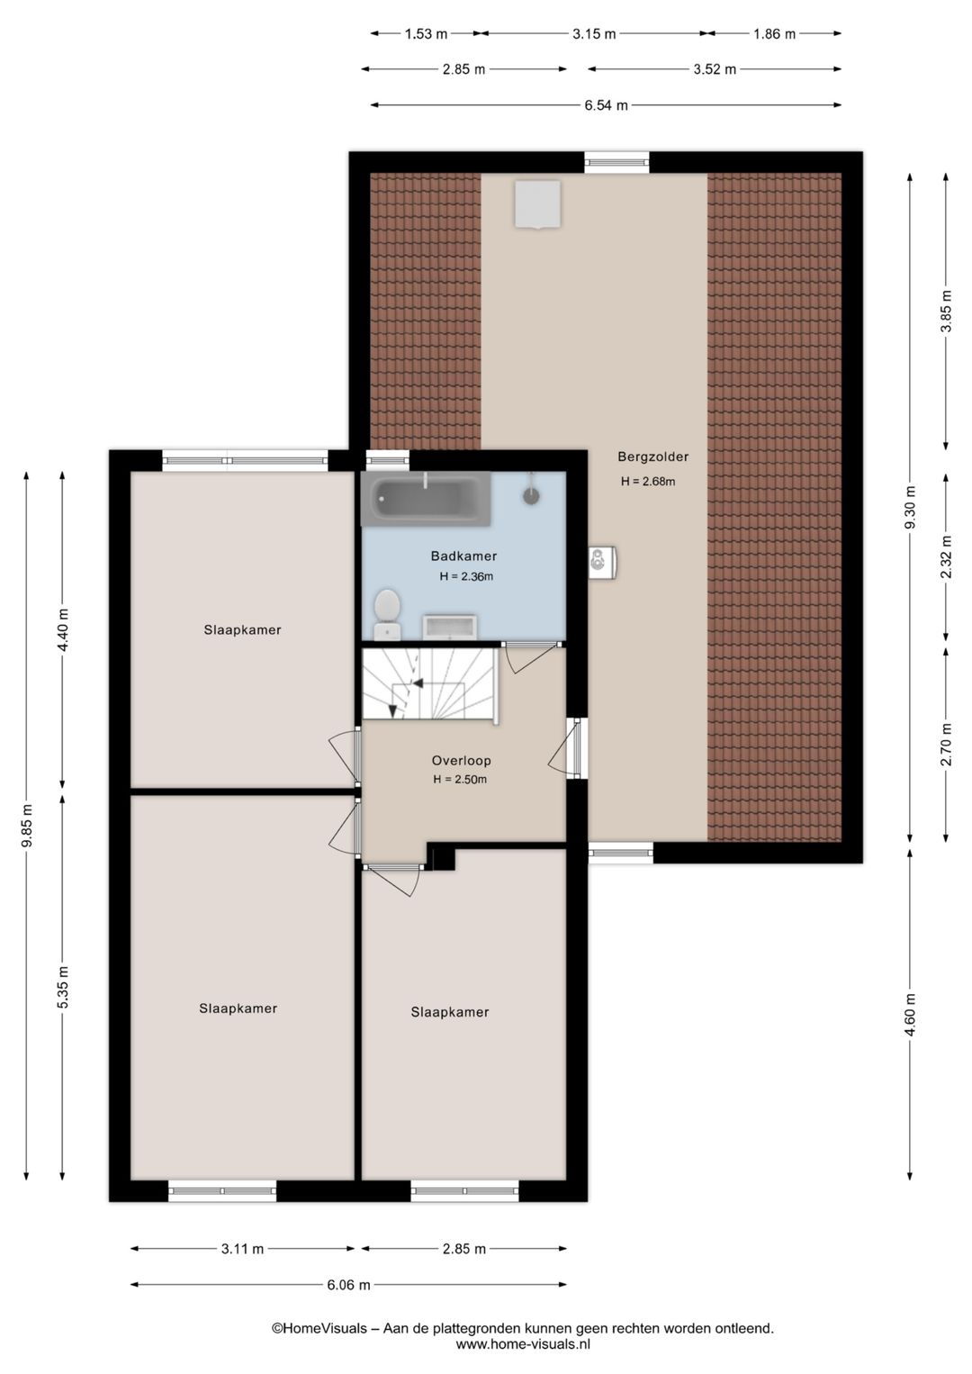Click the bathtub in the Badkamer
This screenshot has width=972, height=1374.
[426, 499]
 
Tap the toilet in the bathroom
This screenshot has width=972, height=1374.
[387, 614]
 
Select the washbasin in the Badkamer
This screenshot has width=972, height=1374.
[449, 627]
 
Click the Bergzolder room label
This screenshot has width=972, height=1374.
[652, 457]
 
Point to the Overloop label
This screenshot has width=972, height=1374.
[461, 761]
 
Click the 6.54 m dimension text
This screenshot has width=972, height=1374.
[606, 105]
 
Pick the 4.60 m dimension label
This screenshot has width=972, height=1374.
[909, 1015]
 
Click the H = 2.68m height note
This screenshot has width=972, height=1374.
[648, 482]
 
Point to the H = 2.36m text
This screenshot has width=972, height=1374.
[466, 576]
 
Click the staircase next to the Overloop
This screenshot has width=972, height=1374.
[430, 684]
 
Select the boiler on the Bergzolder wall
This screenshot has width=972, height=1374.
[602, 562]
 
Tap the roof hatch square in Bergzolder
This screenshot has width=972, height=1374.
[538, 204]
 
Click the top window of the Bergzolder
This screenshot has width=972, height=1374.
[616, 162]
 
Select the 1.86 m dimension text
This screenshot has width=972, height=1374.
[774, 33]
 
